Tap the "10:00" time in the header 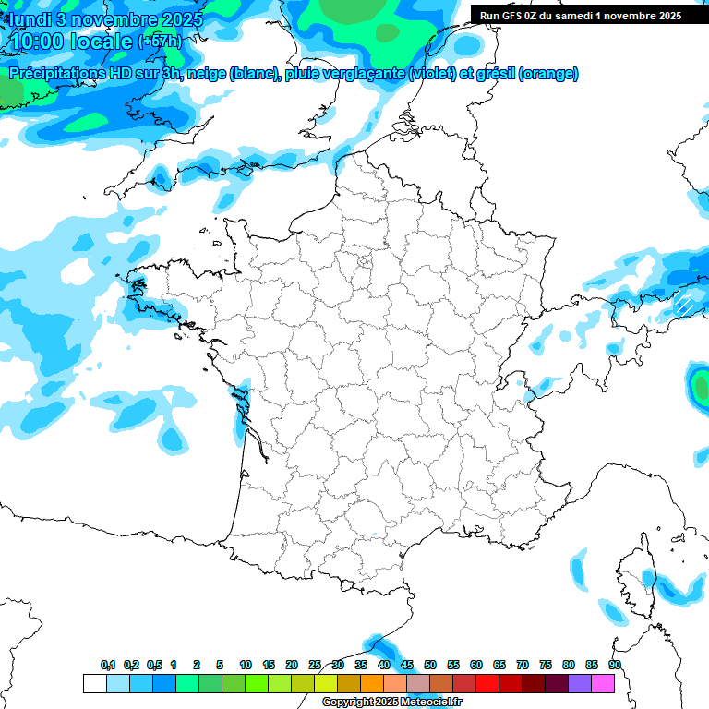[x=42, y=42]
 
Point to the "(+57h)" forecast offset [x=159, y=42]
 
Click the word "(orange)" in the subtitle [x=548, y=74]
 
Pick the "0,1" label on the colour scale [x=107, y=665]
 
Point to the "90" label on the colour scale [x=614, y=665]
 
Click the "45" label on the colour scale [x=407, y=665]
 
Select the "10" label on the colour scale [x=246, y=665]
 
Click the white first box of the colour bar [x=94, y=683]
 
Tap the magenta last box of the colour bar [x=603, y=683]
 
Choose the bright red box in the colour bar [x=487, y=683]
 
